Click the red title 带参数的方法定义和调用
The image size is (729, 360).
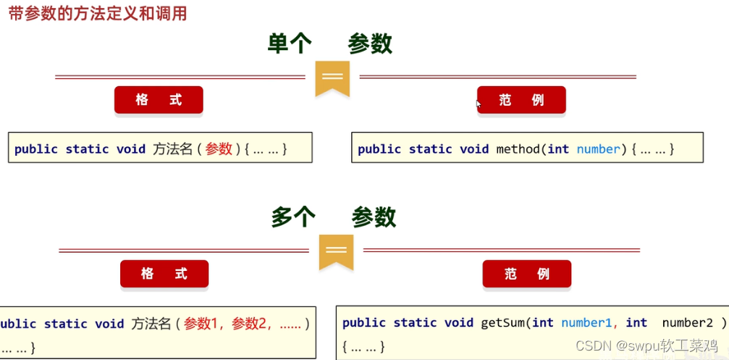[x=97, y=14]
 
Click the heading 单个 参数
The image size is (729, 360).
[x=330, y=44]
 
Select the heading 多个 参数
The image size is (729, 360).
[x=334, y=217]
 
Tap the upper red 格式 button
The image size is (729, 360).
[x=159, y=100]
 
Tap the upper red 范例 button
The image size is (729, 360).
[x=521, y=100]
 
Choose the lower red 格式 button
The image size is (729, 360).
[x=164, y=274]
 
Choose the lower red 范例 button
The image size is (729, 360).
[x=527, y=274]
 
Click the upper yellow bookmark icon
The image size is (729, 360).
[x=332, y=78]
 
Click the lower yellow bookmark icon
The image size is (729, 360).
[x=336, y=251]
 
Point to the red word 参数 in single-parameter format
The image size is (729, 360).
[x=219, y=148]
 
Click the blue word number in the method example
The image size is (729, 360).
[x=599, y=149]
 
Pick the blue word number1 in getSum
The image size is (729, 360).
[x=587, y=322]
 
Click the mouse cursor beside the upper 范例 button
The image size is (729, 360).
[x=478, y=104]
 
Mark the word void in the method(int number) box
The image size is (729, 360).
[x=474, y=149]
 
